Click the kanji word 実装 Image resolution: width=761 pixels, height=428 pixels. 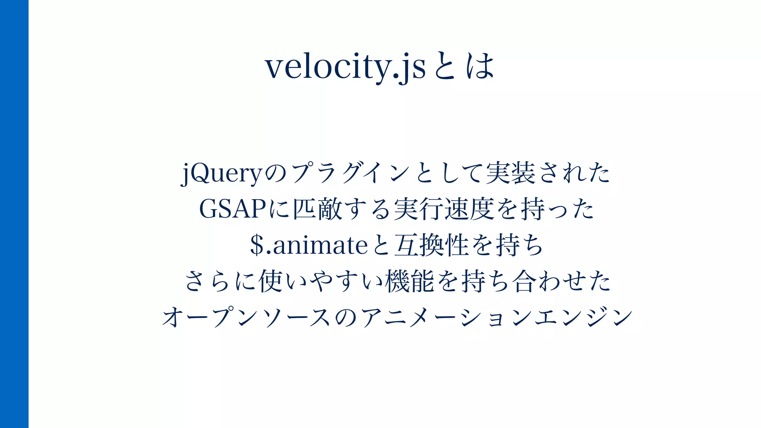[x=511, y=174]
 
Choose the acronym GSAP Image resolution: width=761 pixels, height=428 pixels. [x=233, y=209]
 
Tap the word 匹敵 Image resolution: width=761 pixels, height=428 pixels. [x=318, y=209]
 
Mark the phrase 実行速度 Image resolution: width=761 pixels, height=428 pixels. [x=444, y=209]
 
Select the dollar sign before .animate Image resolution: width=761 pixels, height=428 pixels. [x=257, y=245]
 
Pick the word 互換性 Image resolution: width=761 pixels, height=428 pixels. [x=431, y=245]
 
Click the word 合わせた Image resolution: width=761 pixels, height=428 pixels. [x=561, y=281]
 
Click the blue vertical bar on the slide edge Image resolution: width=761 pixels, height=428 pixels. [x=14, y=214]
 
